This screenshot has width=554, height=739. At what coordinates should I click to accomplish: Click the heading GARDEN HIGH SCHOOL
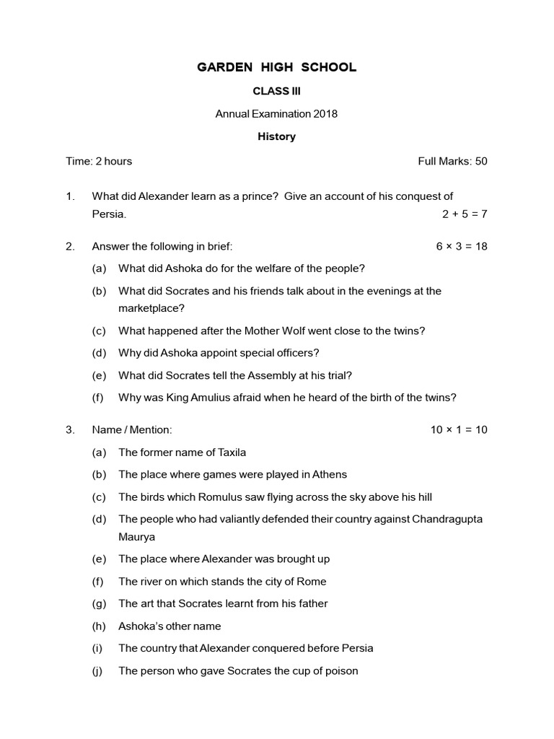(277, 68)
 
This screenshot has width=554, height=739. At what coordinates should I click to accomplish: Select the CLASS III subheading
(277, 91)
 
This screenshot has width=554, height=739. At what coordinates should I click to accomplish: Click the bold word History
(277, 136)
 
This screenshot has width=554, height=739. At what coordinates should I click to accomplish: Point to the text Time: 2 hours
(99, 161)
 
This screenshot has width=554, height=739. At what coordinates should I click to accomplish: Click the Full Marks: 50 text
(452, 161)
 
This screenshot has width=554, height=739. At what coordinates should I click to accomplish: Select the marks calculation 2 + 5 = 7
(465, 214)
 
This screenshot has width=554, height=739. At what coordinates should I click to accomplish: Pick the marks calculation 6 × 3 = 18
(462, 246)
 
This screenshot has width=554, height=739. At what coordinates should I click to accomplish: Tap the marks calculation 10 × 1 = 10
(459, 429)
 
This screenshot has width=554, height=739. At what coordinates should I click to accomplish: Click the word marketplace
(151, 308)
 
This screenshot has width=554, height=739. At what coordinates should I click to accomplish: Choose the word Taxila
(230, 452)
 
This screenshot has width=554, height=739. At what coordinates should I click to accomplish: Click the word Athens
(330, 474)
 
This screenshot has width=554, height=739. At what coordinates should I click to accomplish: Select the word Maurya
(137, 537)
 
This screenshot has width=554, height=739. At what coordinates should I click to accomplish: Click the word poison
(340, 670)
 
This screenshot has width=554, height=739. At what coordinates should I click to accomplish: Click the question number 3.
(70, 429)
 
